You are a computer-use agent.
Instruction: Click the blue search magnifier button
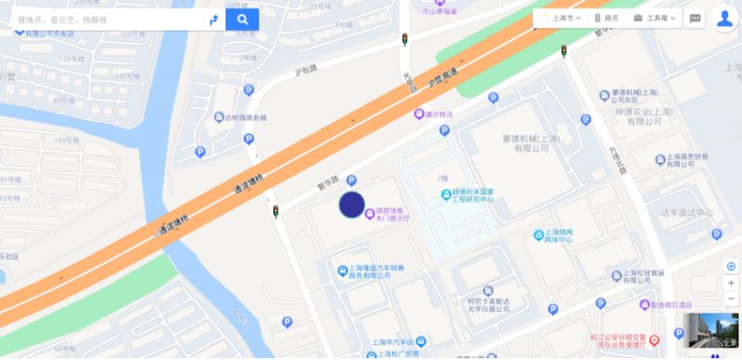(242, 19)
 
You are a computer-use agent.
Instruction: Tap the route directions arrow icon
(212, 19)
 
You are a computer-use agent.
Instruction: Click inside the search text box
(107, 19)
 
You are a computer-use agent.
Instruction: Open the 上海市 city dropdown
(560, 18)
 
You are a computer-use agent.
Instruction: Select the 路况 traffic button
(606, 18)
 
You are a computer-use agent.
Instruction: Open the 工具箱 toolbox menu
(656, 18)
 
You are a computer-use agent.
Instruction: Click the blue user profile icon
(723, 19)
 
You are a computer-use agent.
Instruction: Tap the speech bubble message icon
(696, 18)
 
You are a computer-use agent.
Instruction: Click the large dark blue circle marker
(352, 205)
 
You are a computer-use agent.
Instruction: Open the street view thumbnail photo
(711, 334)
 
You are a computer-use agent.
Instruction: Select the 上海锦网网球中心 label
(557, 238)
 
